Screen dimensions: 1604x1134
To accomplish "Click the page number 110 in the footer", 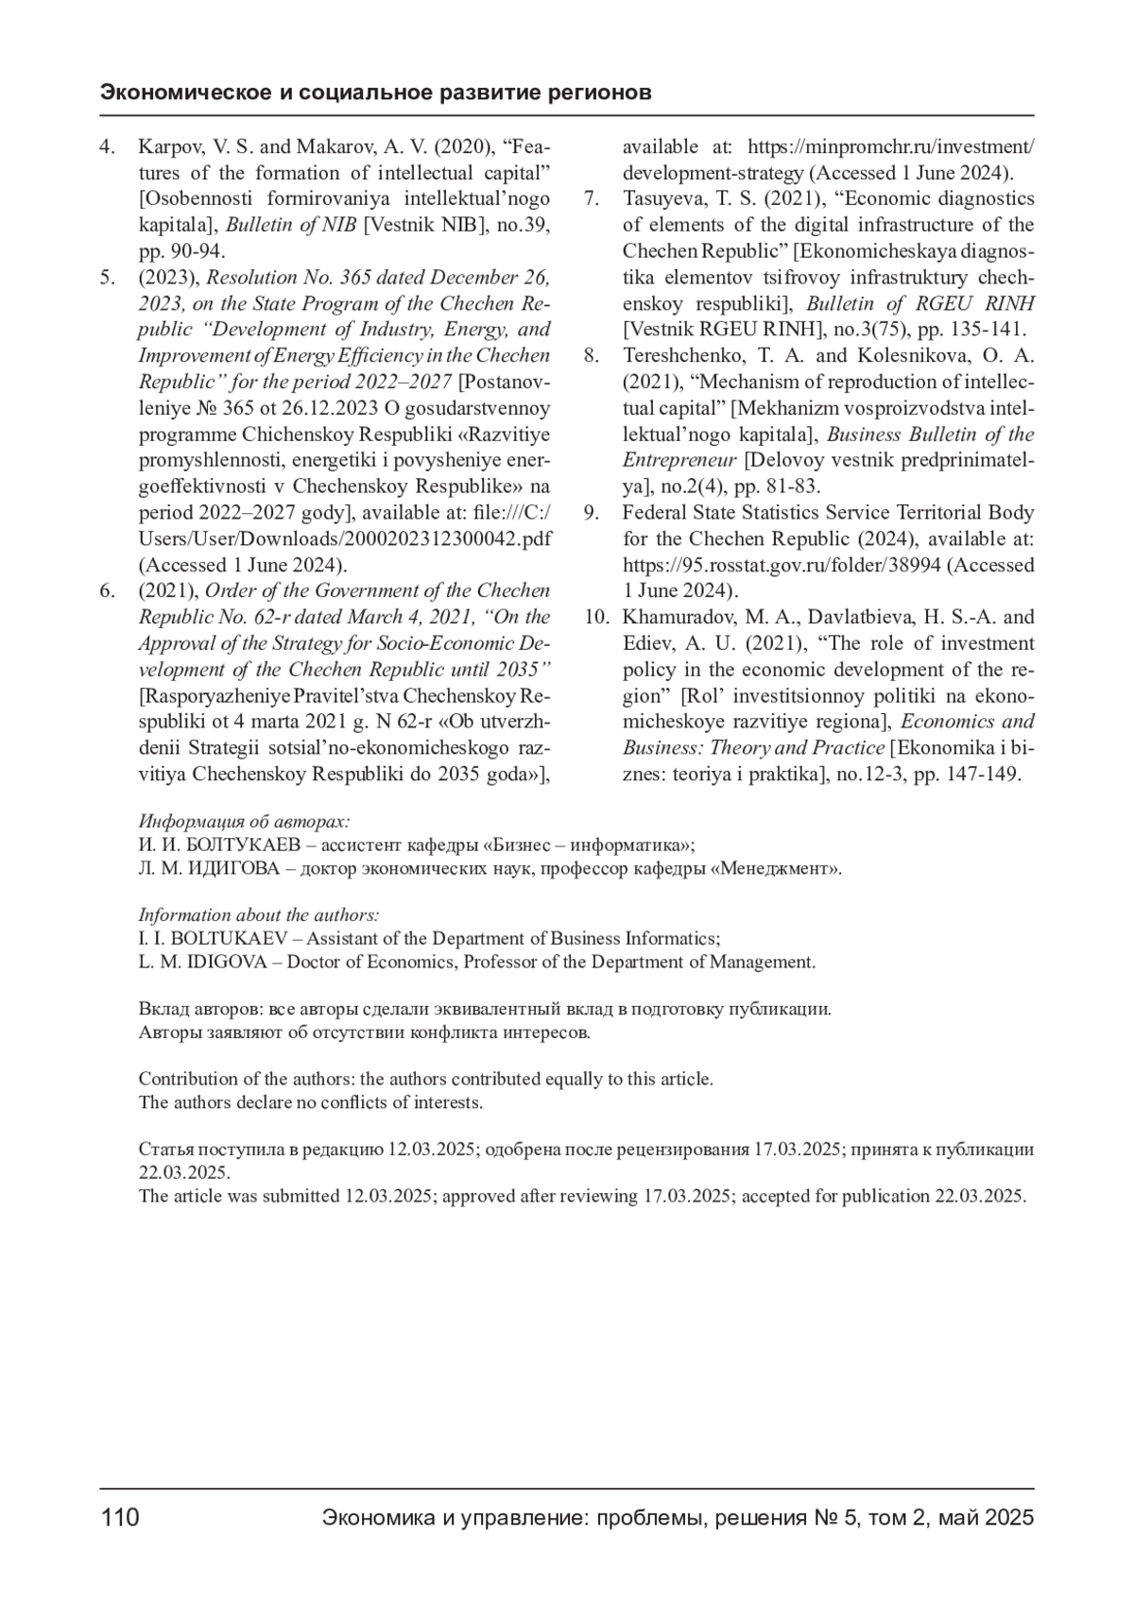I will click(x=120, y=1517).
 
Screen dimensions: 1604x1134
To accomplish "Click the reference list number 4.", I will click(x=108, y=146).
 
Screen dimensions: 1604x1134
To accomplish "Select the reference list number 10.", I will click(x=596, y=617).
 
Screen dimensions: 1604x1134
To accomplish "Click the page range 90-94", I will click(x=191, y=251).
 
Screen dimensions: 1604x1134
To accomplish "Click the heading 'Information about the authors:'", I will click(x=259, y=914).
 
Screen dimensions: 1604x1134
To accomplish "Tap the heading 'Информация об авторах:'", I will click(x=244, y=821).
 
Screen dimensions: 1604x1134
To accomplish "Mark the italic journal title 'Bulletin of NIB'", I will click(x=291, y=225).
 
